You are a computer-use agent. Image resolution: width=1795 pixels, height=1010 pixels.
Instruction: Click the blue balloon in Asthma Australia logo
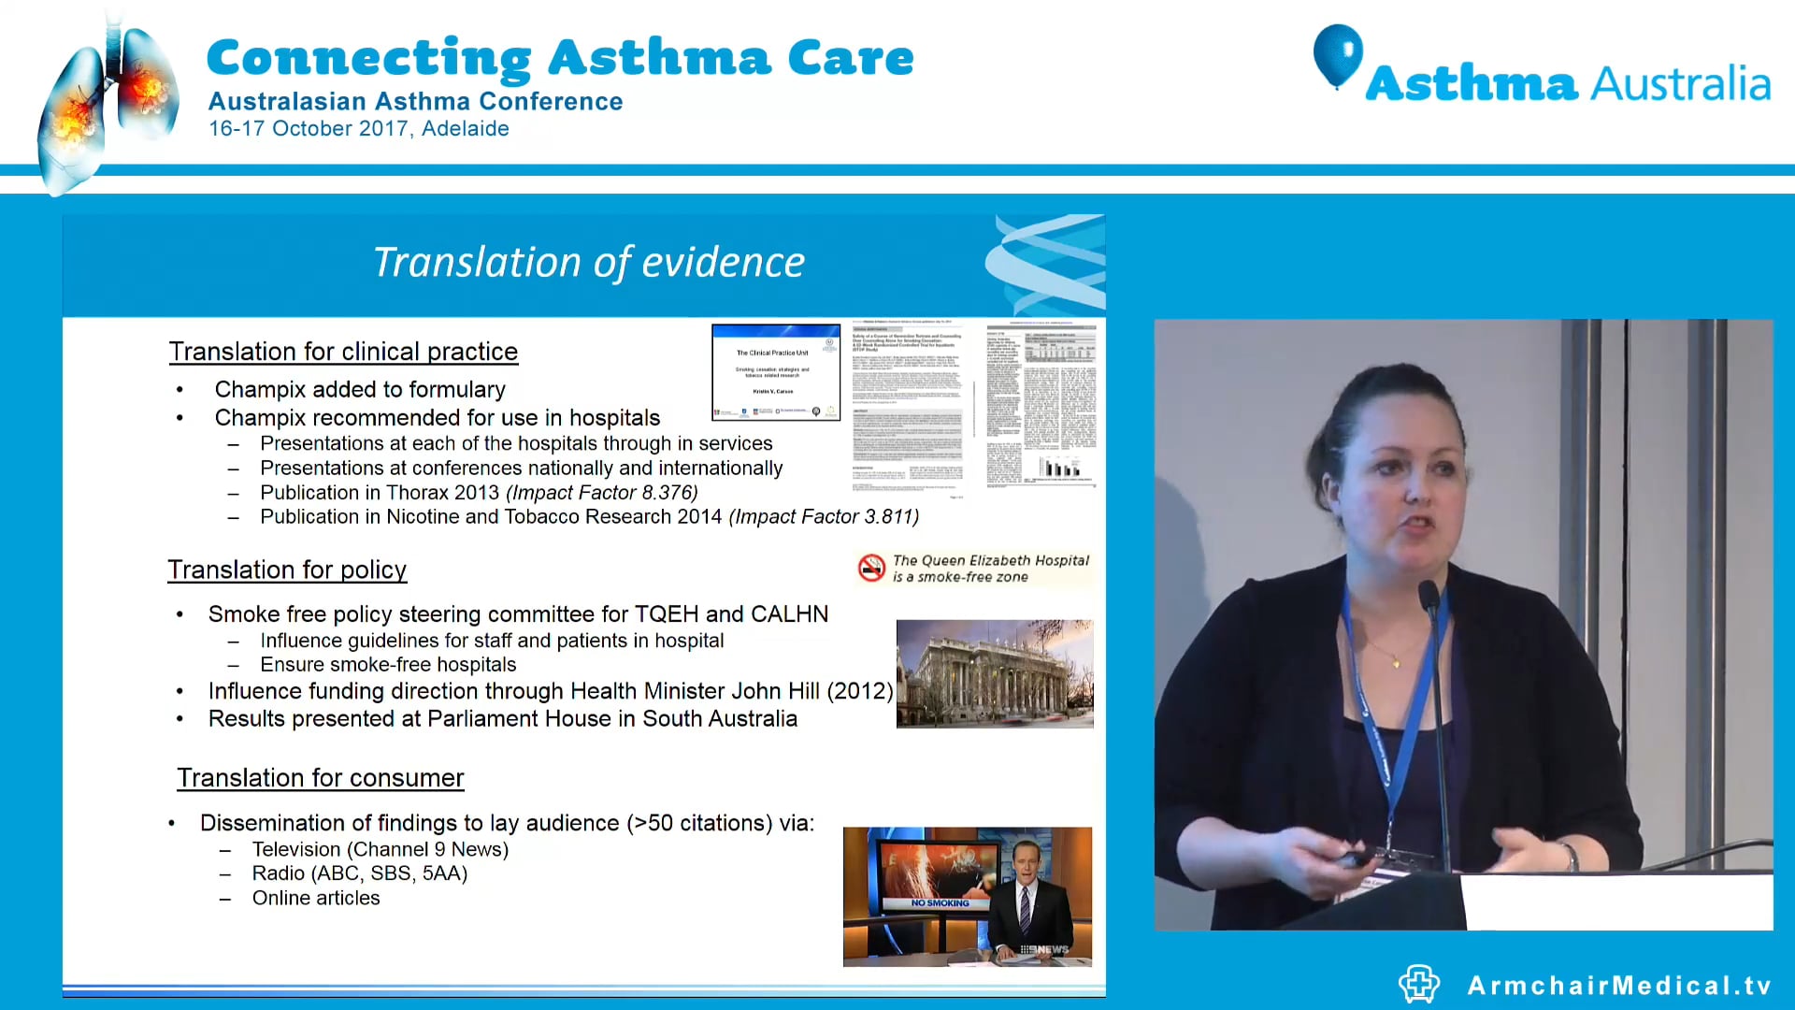tap(1337, 54)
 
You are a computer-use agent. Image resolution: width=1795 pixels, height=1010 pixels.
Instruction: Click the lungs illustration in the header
tap(108, 108)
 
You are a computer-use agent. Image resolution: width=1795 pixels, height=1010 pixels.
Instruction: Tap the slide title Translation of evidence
tap(588, 263)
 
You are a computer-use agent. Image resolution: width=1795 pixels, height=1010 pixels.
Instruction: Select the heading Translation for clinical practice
tap(343, 352)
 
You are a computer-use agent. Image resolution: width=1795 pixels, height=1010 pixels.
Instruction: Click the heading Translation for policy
tap(287, 570)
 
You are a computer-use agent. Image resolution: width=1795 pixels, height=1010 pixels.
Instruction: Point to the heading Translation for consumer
tap(321, 778)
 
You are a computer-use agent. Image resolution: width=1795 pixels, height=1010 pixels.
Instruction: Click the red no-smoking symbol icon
tap(871, 568)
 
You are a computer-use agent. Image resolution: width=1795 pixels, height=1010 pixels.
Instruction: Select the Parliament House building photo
tap(994, 673)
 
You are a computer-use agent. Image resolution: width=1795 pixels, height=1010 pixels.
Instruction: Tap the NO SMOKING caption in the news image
tap(940, 903)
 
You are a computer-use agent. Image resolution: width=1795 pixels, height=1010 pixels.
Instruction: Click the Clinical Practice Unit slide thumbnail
tap(775, 372)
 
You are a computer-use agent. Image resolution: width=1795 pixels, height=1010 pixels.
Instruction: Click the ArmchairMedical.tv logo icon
tap(1418, 984)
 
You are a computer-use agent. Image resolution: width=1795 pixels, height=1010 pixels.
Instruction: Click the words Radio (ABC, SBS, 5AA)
tap(359, 873)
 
